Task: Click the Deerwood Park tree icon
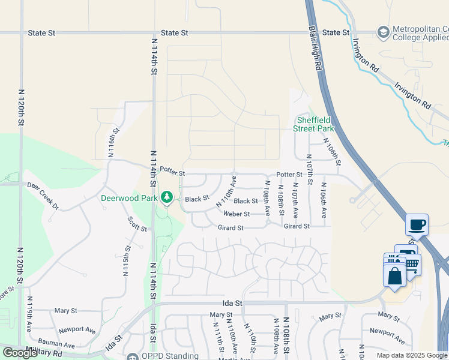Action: [167, 197]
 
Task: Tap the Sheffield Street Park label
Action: [313, 124]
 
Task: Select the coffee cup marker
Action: [417, 226]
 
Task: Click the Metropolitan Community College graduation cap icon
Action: [382, 31]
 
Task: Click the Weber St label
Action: [237, 214]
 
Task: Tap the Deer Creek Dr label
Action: [44, 196]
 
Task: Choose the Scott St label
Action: [137, 224]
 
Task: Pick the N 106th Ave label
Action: [324, 200]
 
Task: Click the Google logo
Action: [20, 352]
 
